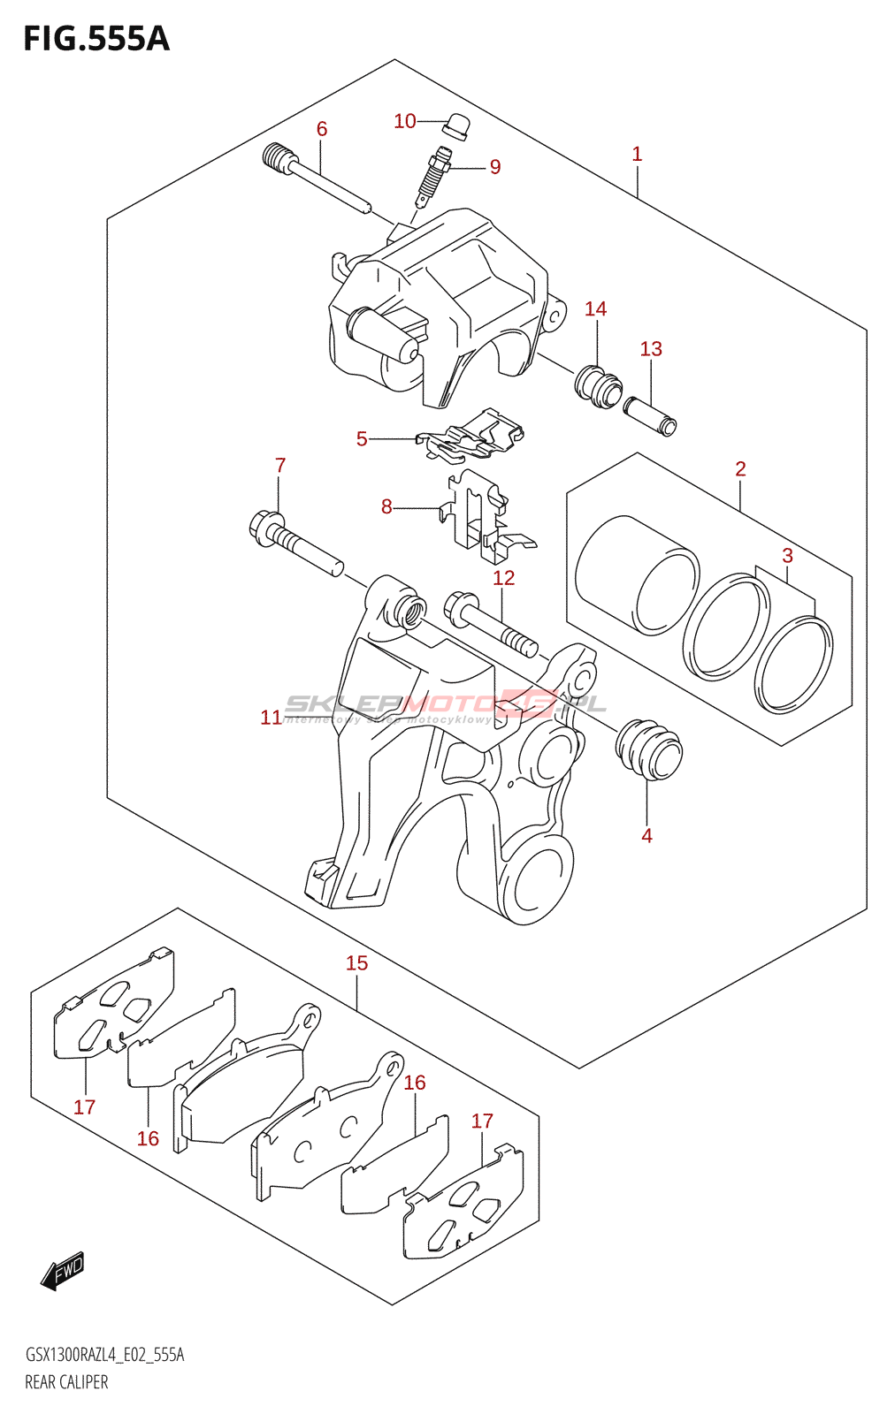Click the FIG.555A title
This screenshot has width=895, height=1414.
tap(96, 39)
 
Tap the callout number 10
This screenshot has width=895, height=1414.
tap(404, 121)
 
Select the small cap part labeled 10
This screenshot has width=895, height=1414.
tap(456, 125)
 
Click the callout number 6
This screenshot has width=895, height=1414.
tap(322, 129)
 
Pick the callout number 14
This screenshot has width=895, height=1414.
tap(595, 308)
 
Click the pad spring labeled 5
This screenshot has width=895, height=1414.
tap(473, 436)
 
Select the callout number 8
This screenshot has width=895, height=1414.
tap(386, 506)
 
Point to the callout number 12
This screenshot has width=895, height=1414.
tap(503, 578)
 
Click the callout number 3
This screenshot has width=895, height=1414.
tap(787, 556)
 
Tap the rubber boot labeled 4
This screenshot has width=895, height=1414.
tap(649, 750)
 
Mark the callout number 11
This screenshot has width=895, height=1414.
tap(271, 718)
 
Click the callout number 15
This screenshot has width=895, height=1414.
tap(356, 962)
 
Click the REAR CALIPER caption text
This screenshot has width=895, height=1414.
tap(66, 1382)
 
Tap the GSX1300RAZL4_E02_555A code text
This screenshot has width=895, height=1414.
tap(104, 1355)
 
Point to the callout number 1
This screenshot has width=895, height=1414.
tap(637, 154)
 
